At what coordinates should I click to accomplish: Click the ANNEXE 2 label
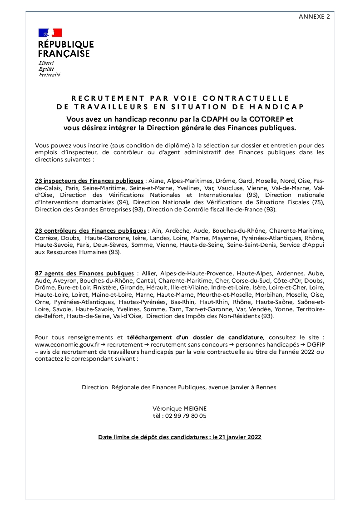pyautogui.click(x=314, y=16)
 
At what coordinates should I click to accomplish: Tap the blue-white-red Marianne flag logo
pyautogui.click(x=50, y=33)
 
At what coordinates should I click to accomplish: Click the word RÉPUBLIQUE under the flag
pyautogui.click(x=66, y=44)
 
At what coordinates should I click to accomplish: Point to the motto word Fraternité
pyautogui.click(x=49, y=74)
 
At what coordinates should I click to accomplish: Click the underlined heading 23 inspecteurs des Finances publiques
pyautogui.click(x=89, y=181)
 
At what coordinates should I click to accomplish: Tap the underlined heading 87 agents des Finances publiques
pyautogui.click(x=84, y=274)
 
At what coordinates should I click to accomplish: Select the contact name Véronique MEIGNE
pyautogui.click(x=180, y=408)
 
